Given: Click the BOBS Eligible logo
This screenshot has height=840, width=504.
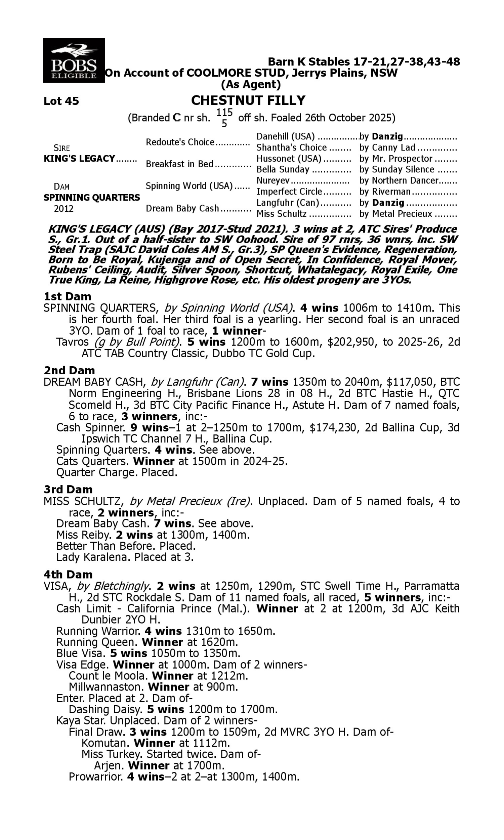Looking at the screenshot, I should tap(74, 60).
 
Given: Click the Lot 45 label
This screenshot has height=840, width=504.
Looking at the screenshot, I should tap(61, 101).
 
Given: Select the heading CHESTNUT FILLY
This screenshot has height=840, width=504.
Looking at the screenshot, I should tap(248, 100).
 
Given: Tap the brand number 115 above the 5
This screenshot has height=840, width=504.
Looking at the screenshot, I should tap(224, 112).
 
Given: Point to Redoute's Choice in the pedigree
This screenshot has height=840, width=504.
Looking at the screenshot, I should tap(180, 142).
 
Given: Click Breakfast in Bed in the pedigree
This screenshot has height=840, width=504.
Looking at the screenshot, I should tap(179, 164).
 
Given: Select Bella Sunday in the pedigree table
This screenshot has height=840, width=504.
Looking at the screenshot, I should tap(283, 169).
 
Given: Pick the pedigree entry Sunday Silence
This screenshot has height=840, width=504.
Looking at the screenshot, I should tap(403, 169).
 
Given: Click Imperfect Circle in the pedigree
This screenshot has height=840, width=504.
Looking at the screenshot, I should tap(289, 192).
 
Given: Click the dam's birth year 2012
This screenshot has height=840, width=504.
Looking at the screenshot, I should tap(64, 208).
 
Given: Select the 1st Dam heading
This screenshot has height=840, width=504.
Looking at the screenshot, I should tap(67, 296).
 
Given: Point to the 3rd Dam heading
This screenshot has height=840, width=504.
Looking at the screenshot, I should tap(68, 489).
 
